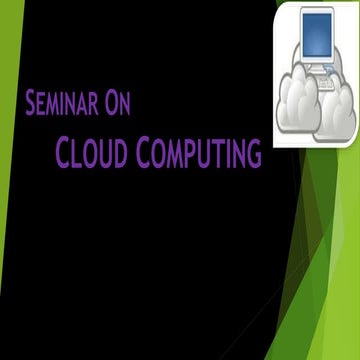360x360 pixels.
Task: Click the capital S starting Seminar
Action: tap(31, 102)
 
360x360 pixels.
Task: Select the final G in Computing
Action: tap(254, 155)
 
